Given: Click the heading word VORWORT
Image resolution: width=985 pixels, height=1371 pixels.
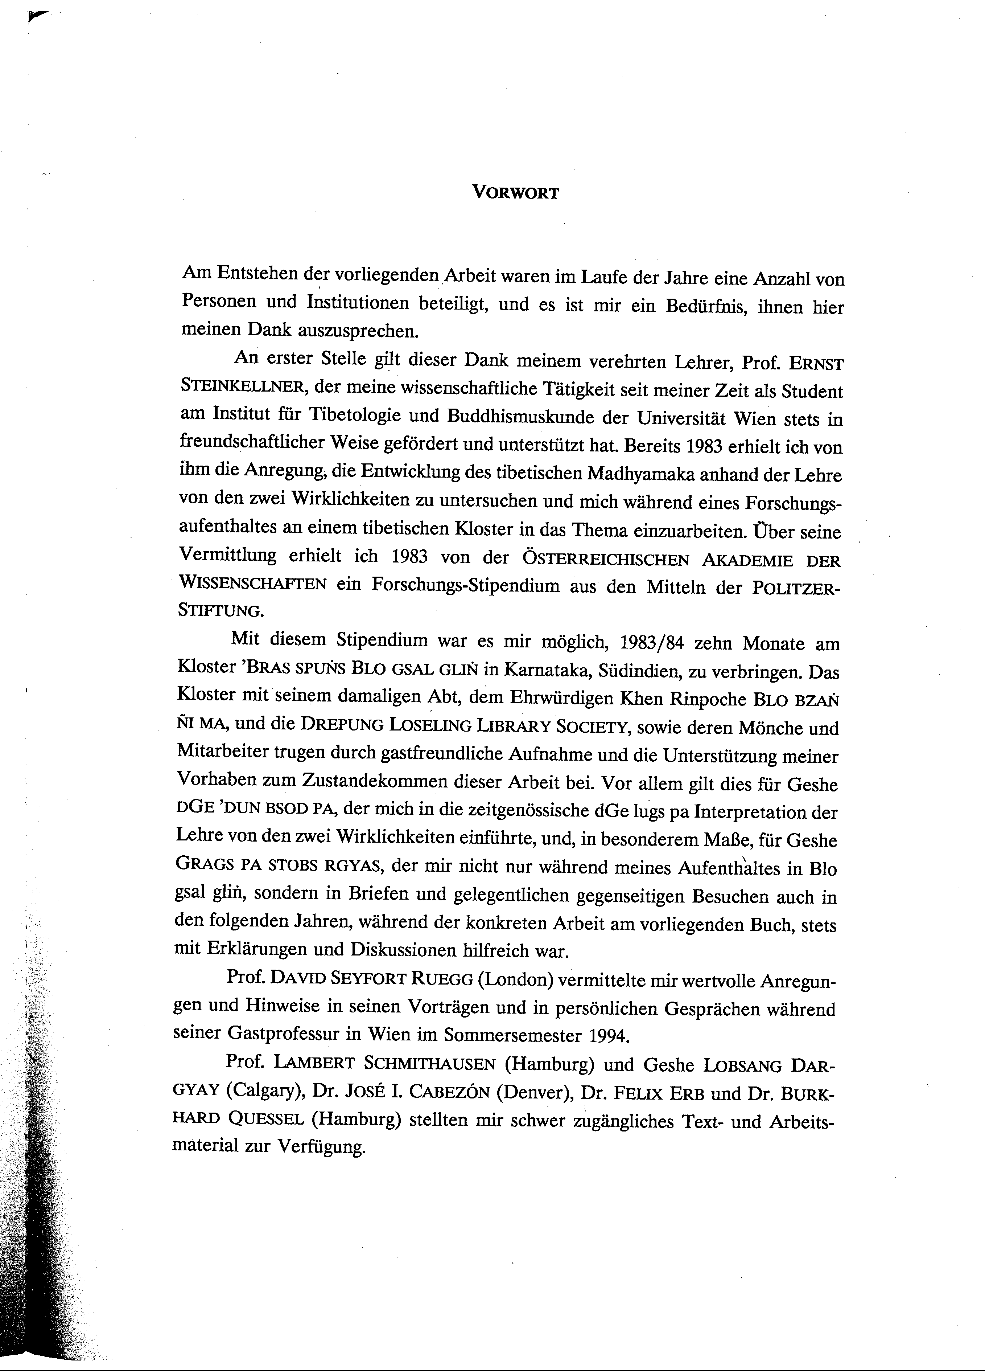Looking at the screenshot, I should pos(515,193).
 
